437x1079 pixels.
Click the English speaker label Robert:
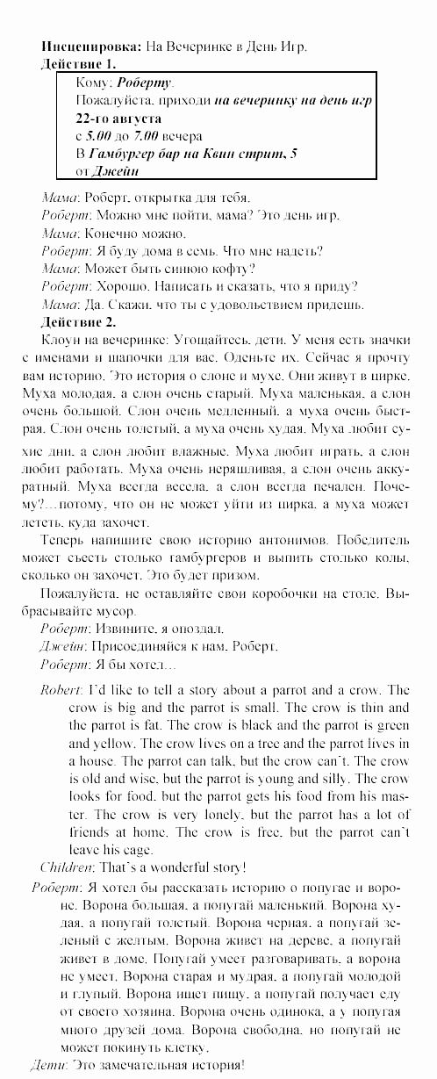pyautogui.click(x=61, y=690)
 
